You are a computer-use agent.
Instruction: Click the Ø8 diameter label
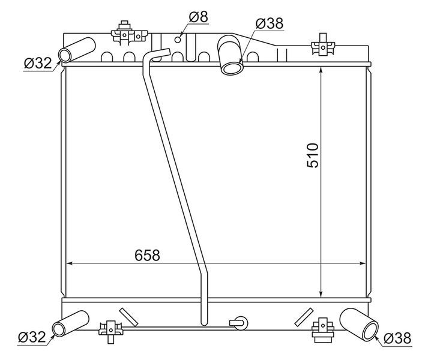pyautogui.click(x=199, y=17)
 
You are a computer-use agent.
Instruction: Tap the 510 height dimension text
pyautogui.click(x=313, y=155)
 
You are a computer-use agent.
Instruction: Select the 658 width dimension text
pyautogui.click(x=148, y=255)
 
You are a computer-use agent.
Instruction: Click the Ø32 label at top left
pyautogui.click(x=38, y=64)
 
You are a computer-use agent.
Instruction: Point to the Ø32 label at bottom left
pyautogui.click(x=32, y=337)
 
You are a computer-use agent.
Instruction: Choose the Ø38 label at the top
pyautogui.click(x=270, y=23)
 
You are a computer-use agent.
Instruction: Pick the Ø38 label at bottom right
pyautogui.click(x=397, y=338)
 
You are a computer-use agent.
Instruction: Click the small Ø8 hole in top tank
pyautogui.click(x=178, y=40)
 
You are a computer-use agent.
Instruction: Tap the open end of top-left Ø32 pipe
pyautogui.click(x=65, y=55)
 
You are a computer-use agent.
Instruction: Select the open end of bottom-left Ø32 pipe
pyautogui.click(x=58, y=329)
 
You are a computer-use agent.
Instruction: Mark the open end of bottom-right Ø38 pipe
pyautogui.click(x=371, y=331)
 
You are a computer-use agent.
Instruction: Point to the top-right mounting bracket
pyautogui.click(x=323, y=45)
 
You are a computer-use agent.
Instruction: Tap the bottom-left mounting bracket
pyautogui.click(x=111, y=331)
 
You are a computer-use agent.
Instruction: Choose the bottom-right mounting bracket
pyautogui.click(x=323, y=330)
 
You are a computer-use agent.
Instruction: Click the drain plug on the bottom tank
pyautogui.click(x=238, y=323)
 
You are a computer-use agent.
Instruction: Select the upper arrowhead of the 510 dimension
pyautogui.click(x=321, y=70)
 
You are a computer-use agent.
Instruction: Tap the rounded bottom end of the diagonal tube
pyautogui.click(x=204, y=323)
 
